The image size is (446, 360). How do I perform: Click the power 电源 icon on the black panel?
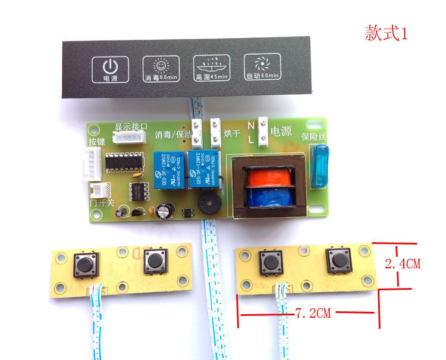click(110, 70)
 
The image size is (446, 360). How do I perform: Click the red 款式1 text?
click(386, 34)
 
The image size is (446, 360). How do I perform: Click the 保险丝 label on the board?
click(313, 137)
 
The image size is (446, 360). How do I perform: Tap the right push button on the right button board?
click(340, 261)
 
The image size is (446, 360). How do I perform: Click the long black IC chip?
click(124, 163)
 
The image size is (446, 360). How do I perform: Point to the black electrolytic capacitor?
click(165, 212)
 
